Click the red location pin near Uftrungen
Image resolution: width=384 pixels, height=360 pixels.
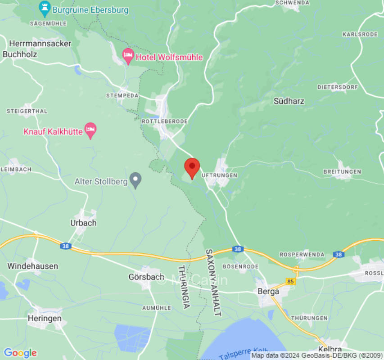192,167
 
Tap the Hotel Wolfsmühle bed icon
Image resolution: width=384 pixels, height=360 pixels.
128,56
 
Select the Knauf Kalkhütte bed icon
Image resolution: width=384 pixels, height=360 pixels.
91,130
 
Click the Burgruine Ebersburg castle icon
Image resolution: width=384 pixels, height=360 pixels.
44,7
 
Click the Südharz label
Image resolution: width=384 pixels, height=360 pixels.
289,101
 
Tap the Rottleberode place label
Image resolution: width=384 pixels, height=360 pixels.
164,121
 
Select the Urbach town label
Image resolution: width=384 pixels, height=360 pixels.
83,223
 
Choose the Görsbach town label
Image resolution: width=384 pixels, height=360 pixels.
144,277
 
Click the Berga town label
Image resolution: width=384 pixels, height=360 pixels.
268,291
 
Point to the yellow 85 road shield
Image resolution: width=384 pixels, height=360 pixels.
290,282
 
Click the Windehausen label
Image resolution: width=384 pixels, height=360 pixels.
32,266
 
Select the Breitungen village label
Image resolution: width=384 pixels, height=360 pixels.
342,172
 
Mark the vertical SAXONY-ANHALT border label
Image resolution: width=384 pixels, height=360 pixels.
213,283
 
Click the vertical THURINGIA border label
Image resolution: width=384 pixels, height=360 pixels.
184,287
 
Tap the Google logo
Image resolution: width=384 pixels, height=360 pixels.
20,353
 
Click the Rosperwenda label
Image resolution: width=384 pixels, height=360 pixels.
302,255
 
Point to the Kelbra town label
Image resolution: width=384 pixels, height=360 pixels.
330,349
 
